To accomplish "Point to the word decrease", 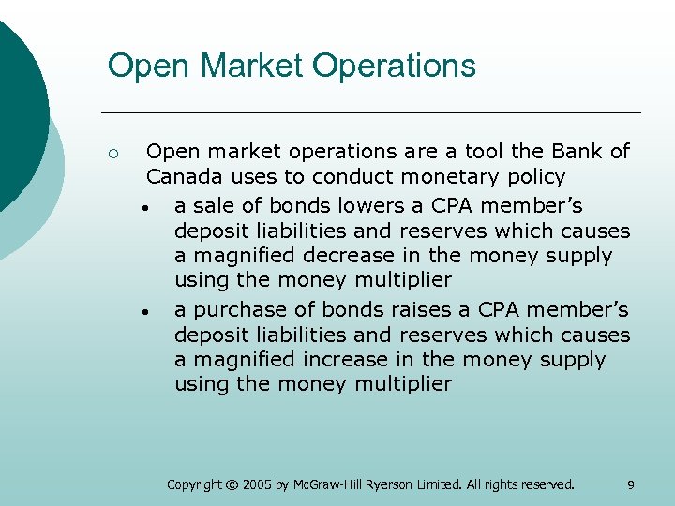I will click(345, 255).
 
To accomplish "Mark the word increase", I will click(343, 359).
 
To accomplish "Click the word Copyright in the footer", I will click(194, 484).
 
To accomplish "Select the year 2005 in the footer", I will click(256, 484).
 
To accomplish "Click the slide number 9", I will click(630, 484).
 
